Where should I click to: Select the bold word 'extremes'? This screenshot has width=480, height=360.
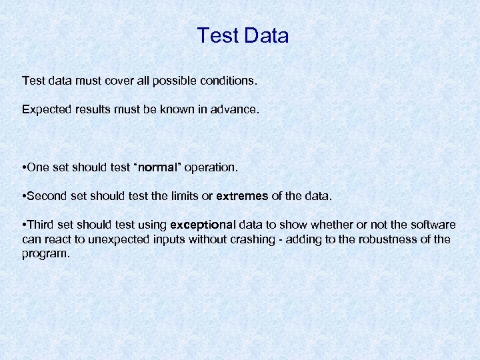coord(242,196)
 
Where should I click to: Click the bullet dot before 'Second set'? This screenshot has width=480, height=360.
coord(24,196)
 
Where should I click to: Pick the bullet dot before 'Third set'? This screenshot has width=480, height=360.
coord(24,225)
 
